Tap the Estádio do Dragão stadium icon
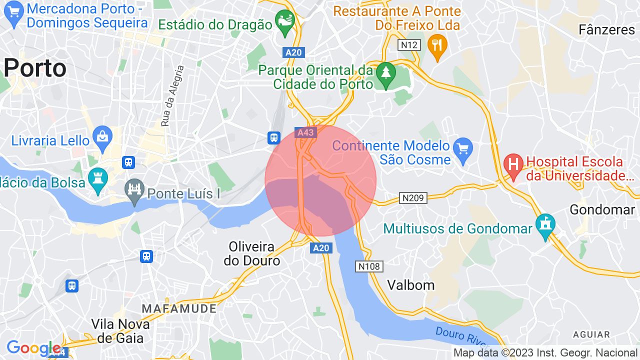pyautogui.click(x=286, y=21)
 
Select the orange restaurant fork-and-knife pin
pyautogui.click(x=437, y=46)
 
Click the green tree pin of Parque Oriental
pyautogui.click(x=385, y=73)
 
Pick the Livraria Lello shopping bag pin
pyautogui.click(x=102, y=138)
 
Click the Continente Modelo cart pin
pyautogui.click(x=462, y=149)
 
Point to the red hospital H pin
pyautogui.click(x=513, y=165)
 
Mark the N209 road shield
pyautogui.click(x=414, y=198)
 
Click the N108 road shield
pyautogui.click(x=369, y=266)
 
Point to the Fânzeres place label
pyautogui.click(x=606, y=30)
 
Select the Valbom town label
pyautogui.click(x=411, y=285)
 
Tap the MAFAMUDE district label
pyautogui.click(x=179, y=308)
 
